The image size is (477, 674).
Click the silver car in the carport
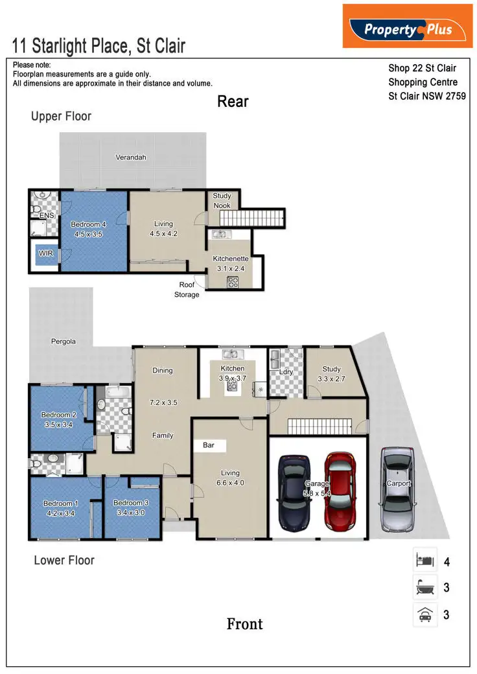(x=397, y=483)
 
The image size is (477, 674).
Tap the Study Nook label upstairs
(x=222, y=200)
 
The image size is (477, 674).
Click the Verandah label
(x=131, y=157)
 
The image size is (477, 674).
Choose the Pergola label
(x=64, y=341)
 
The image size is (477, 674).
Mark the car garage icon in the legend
(x=425, y=614)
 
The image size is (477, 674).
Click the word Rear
(x=233, y=101)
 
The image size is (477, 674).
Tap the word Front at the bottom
(x=244, y=624)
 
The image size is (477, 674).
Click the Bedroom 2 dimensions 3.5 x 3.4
(x=59, y=424)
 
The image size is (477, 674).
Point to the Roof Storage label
(x=187, y=290)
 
